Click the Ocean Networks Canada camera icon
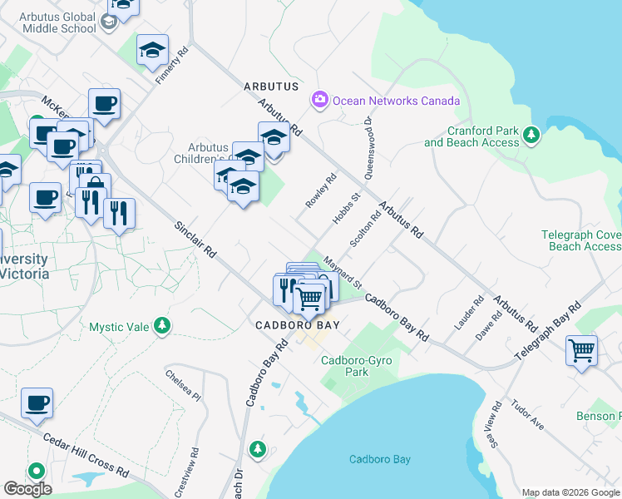319,101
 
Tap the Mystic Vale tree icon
164,325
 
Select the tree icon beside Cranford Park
531,134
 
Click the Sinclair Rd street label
195,239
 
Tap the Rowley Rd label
320,190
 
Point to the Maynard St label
343,272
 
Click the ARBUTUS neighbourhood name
270,86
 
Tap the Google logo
27,489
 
